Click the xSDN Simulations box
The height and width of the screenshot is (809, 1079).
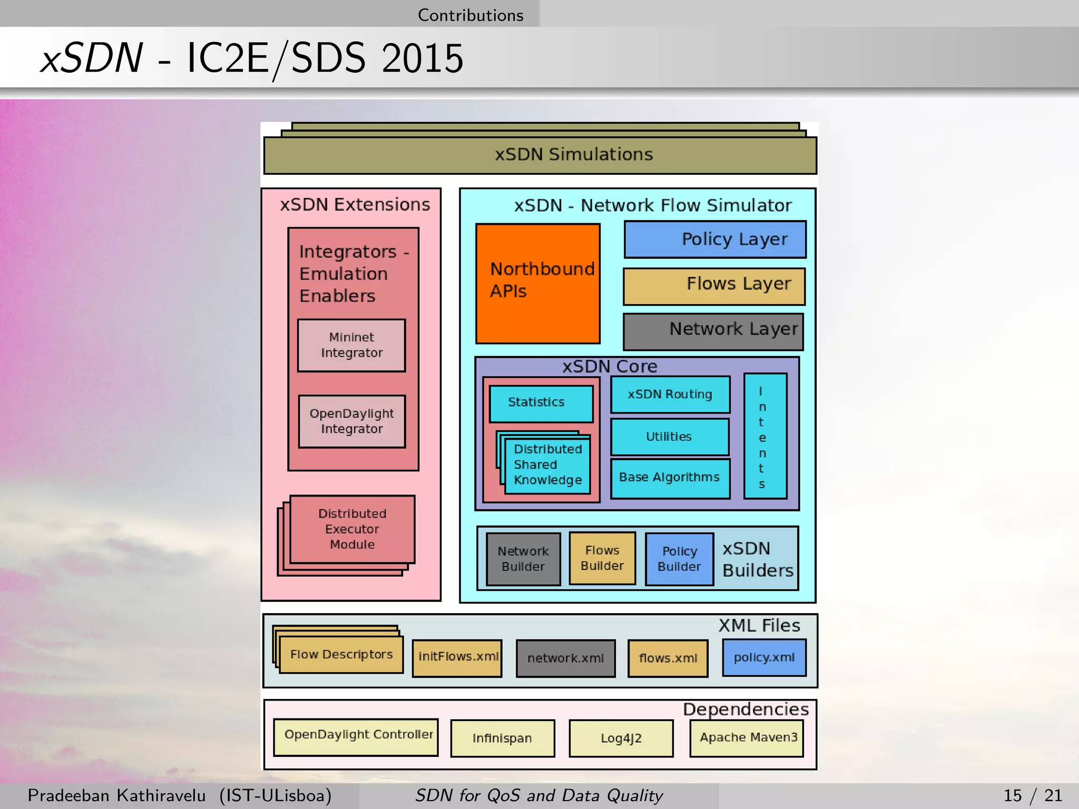(x=540, y=155)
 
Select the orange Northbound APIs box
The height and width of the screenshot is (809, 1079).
(x=537, y=283)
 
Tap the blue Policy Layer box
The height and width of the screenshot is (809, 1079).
(x=715, y=239)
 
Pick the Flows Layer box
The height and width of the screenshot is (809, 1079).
(x=714, y=286)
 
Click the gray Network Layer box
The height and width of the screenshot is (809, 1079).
(x=713, y=331)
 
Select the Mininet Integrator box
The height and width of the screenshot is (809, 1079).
(x=351, y=345)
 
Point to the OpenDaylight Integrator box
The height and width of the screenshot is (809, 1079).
(x=351, y=421)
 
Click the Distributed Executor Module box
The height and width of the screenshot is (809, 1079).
(x=352, y=529)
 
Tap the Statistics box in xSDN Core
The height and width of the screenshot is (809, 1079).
(x=541, y=403)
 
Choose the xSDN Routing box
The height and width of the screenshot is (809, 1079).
(x=670, y=394)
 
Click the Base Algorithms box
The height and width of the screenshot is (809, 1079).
(x=670, y=478)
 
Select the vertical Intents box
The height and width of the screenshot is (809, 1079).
(x=764, y=436)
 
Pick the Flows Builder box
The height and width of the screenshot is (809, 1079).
(x=602, y=558)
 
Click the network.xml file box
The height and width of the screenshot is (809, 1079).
(x=565, y=658)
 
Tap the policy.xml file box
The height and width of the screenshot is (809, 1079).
(x=764, y=657)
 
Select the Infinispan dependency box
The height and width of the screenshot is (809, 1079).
(x=503, y=738)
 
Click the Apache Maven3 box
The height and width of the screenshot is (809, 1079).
(x=747, y=737)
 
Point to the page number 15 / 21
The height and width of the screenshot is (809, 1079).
(x=1032, y=795)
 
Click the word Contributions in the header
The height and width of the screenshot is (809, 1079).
(x=470, y=15)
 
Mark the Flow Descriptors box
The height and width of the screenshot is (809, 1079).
(x=341, y=655)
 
